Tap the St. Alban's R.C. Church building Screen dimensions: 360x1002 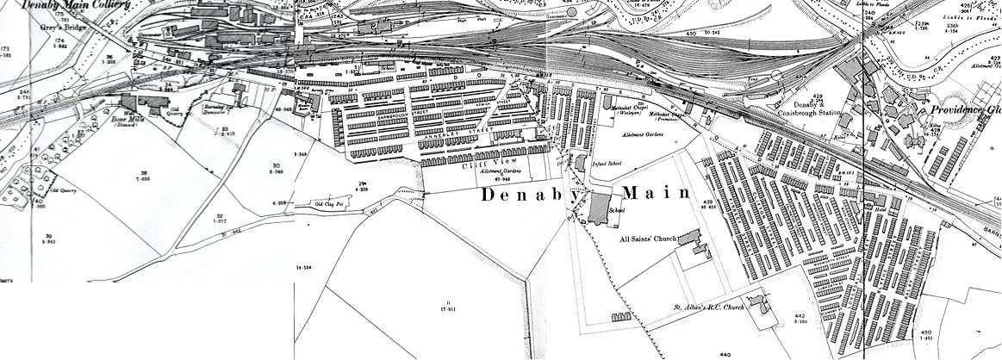pyautogui.click(x=758, y=304)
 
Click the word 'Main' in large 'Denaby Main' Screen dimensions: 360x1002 pyautogui.click(x=656, y=193)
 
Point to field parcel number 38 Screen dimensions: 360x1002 pyautogui.click(x=143, y=175)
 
